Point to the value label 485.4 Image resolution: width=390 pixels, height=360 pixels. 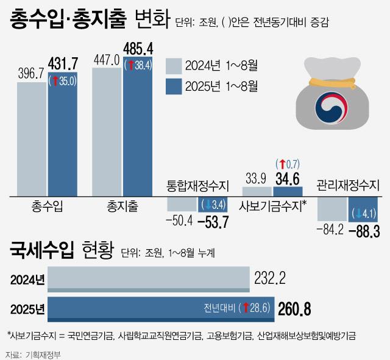pyautogui.click(x=138, y=47)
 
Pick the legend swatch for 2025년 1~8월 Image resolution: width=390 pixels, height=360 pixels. pyautogui.click(x=173, y=85)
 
